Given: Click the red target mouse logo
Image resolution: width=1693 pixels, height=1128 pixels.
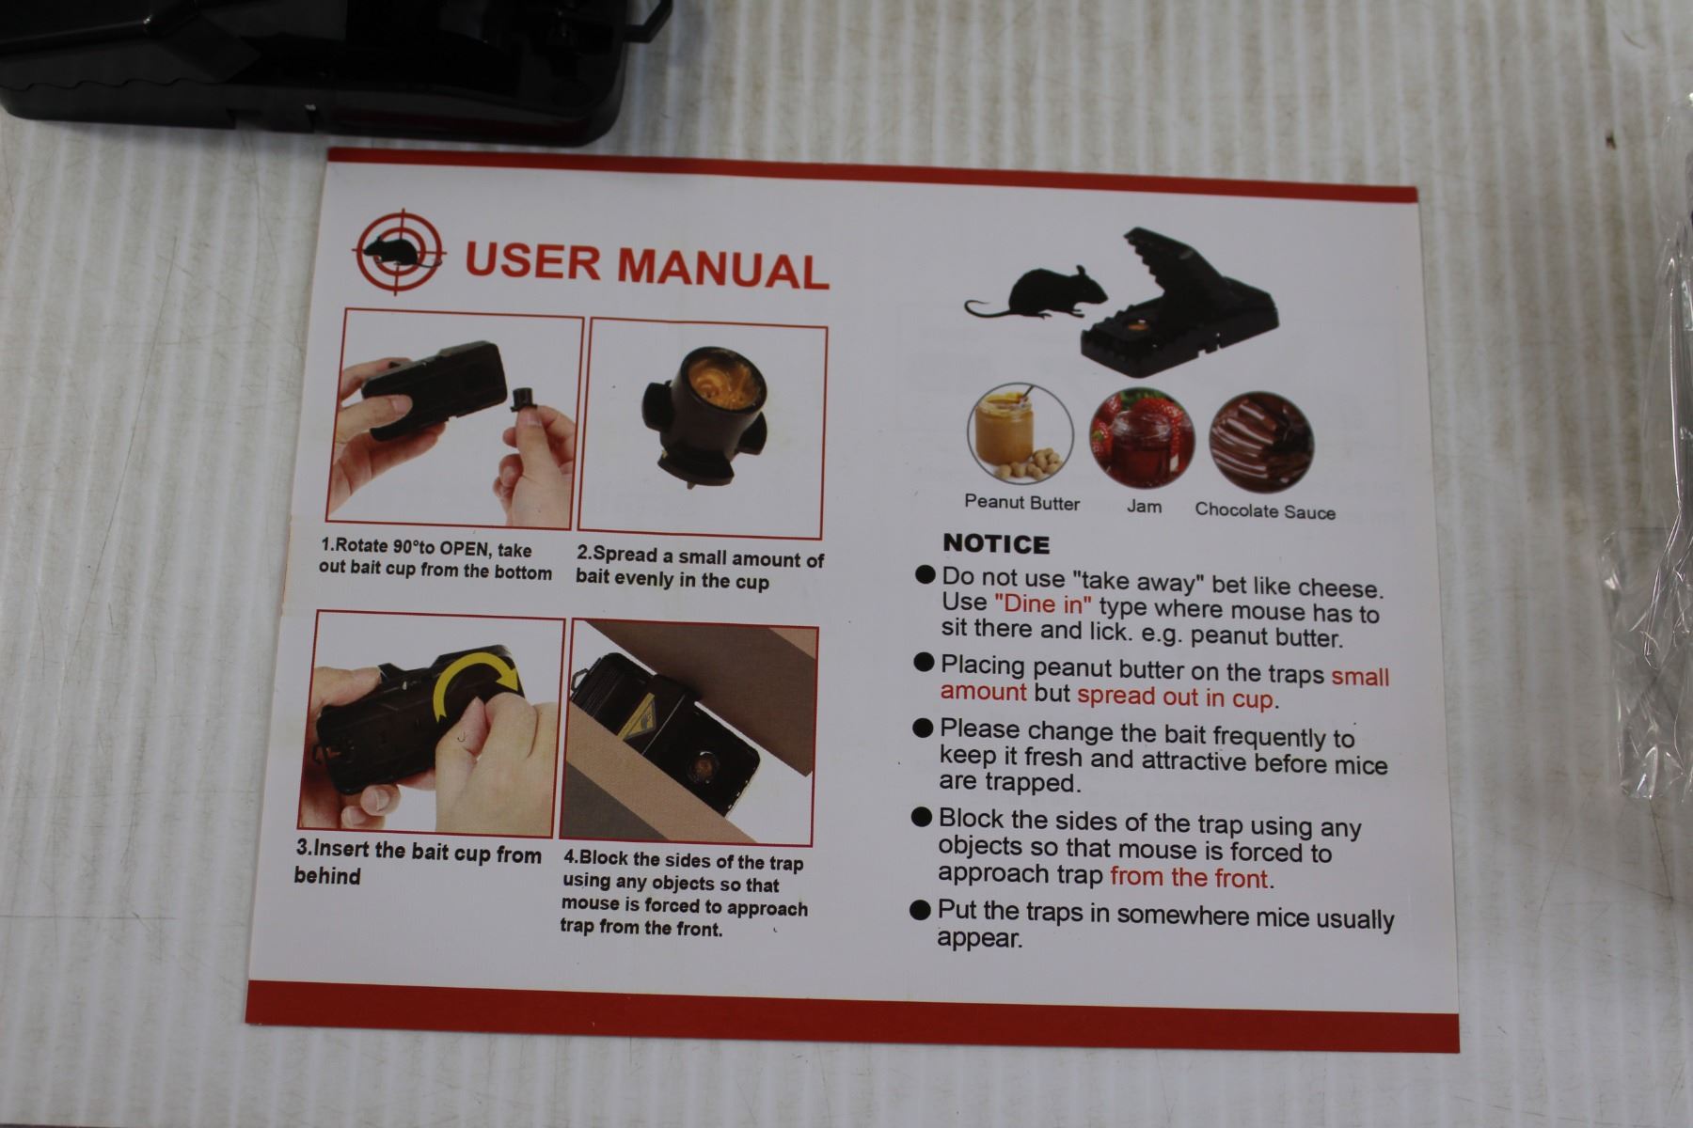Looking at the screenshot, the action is click(401, 251).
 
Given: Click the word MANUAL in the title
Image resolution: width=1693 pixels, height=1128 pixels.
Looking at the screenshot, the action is click(722, 267).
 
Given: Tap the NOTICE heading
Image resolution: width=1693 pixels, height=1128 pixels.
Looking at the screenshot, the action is click(995, 544).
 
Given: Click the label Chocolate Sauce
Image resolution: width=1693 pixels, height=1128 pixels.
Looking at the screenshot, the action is click(1265, 511).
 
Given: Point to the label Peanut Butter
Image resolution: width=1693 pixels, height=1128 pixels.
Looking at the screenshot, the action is click(1022, 503).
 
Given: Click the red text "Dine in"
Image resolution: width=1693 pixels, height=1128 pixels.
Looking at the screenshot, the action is click(1043, 603).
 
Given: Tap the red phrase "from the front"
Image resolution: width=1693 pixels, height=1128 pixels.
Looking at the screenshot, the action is click(1190, 878).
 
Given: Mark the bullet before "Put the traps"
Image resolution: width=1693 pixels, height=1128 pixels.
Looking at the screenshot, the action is click(922, 909).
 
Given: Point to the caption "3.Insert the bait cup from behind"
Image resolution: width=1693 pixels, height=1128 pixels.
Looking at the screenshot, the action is click(418, 864).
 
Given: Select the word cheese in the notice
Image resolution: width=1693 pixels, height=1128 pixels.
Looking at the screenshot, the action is click(1340, 588).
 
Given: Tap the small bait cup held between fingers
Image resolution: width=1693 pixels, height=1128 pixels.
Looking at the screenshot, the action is click(521, 400).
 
